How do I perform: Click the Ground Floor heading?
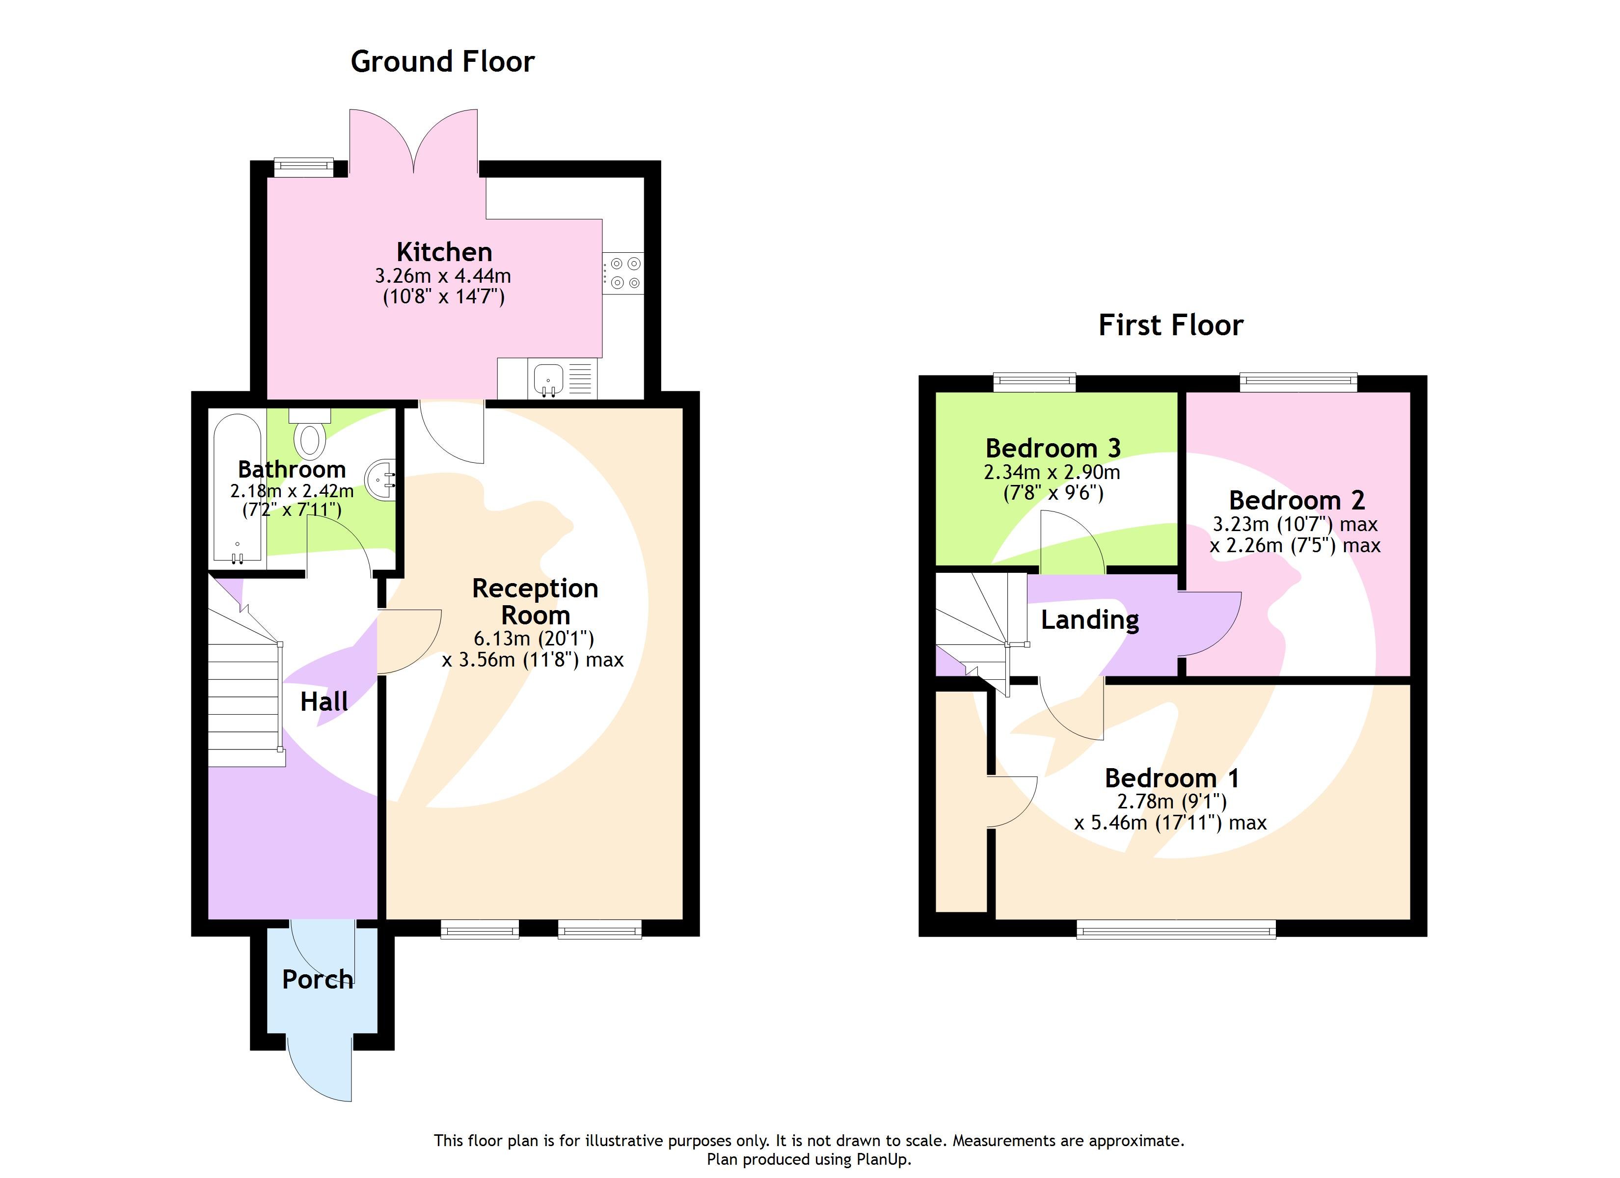pyautogui.click(x=442, y=62)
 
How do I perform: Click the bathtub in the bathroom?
pyautogui.click(x=237, y=489)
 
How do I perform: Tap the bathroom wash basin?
pyautogui.click(x=380, y=479)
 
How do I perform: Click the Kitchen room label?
pyautogui.click(x=444, y=252)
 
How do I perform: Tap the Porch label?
pyautogui.click(x=317, y=979)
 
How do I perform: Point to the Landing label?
pyautogui.click(x=1089, y=620)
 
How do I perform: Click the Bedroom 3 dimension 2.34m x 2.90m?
pyautogui.click(x=1052, y=472)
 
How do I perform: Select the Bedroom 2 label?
pyautogui.click(x=1296, y=500)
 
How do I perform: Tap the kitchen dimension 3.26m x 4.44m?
pyautogui.click(x=443, y=276)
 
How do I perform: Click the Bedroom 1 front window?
pyautogui.click(x=1176, y=930)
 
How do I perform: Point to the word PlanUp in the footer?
pyautogui.click(x=883, y=1159)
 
